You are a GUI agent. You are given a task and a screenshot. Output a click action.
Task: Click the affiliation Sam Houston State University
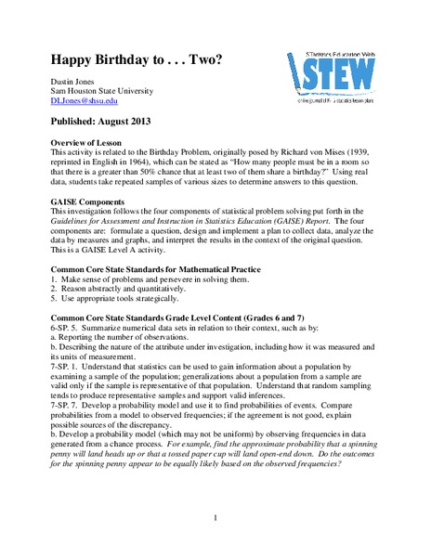pos(103,92)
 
